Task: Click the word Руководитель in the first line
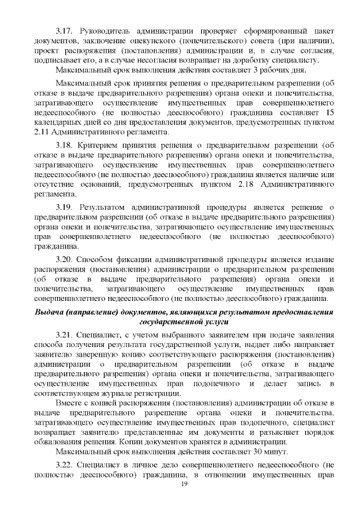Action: point(107,30)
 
